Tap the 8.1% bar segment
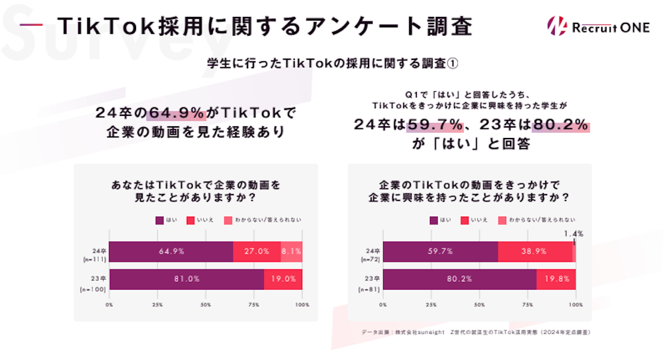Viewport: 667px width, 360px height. (292, 251)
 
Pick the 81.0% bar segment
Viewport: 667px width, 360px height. (187, 279)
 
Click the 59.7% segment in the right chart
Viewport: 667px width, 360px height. (440, 251)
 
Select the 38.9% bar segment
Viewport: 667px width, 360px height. (535, 251)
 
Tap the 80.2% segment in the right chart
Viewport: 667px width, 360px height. (460, 279)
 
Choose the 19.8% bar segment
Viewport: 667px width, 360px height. (556, 279)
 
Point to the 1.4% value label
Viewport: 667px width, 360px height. (575, 234)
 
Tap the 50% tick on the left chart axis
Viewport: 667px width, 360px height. (206, 304)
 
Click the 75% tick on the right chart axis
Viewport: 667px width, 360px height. (528, 304)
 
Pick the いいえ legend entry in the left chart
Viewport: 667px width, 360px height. (201, 220)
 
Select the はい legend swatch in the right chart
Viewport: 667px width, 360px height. (433, 220)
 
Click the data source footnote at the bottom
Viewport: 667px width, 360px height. (476, 332)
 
